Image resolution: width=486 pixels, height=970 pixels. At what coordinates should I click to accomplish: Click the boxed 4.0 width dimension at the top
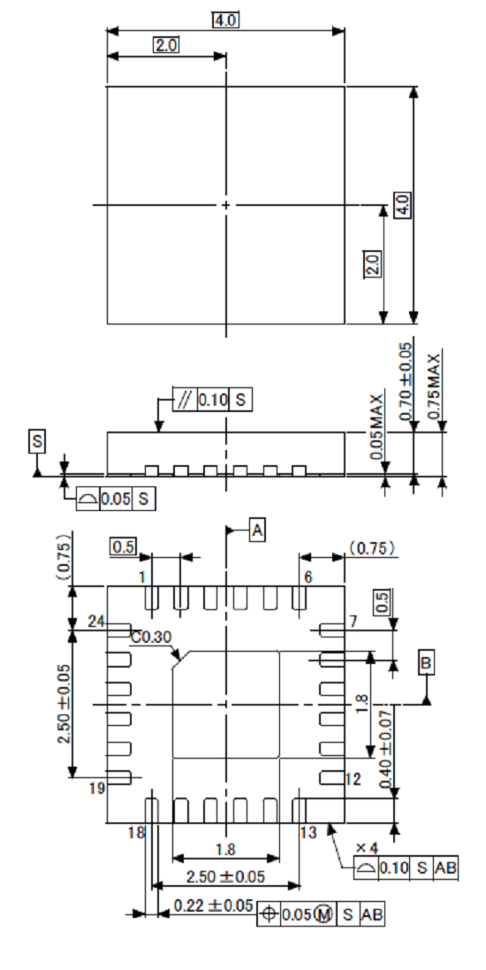coord(226,19)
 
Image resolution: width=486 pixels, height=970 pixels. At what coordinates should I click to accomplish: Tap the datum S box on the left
coord(37,440)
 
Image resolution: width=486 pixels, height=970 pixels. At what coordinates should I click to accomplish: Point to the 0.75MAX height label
coord(434,386)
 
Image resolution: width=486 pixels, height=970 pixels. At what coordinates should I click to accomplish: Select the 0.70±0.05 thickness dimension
coord(406,382)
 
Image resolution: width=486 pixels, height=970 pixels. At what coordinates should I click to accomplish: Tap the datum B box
coord(427,662)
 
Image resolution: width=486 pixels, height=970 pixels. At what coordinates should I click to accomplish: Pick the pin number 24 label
coord(96,622)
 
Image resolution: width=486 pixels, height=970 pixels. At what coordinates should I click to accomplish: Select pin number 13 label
coord(308,832)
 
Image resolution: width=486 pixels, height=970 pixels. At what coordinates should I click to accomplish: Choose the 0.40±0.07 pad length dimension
coord(386,752)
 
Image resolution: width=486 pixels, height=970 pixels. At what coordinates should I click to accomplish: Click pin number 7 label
coord(352,622)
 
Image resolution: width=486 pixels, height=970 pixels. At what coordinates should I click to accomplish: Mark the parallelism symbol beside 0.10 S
coord(184,401)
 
